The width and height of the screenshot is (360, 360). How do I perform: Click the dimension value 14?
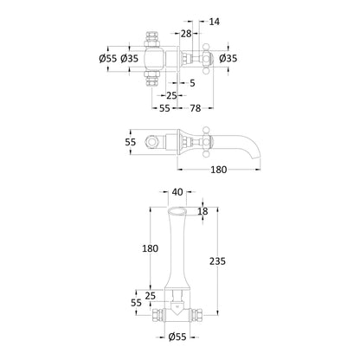pyautogui.click(x=214, y=22)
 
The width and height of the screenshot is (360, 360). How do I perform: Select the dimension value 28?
pyautogui.click(x=186, y=34)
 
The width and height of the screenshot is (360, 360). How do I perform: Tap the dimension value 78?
pyautogui.click(x=196, y=108)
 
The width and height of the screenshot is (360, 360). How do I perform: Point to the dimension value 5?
pyautogui.click(x=192, y=83)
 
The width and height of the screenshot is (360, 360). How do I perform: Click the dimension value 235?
pyautogui.click(x=217, y=261)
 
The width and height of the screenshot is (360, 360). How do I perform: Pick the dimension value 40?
pyautogui.click(x=177, y=192)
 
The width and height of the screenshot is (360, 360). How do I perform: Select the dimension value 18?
pyautogui.click(x=202, y=211)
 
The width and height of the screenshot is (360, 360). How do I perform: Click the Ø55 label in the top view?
pyautogui.click(x=108, y=59)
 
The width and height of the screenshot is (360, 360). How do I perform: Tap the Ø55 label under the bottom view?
pyautogui.click(x=177, y=337)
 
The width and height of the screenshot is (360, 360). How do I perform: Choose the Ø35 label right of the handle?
pyautogui.click(x=228, y=59)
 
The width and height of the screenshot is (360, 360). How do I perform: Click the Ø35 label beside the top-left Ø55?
pyautogui.click(x=130, y=59)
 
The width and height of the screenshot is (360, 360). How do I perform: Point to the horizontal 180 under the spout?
pyautogui.click(x=219, y=170)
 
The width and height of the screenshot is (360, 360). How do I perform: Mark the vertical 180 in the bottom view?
pyautogui.click(x=150, y=248)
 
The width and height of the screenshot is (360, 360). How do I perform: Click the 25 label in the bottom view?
pyautogui.click(x=151, y=296)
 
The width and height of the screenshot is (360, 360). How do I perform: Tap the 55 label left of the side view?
pyautogui.click(x=131, y=142)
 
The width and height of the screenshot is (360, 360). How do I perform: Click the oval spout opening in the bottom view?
pyautogui.click(x=177, y=211)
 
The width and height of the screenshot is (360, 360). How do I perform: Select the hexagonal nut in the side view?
pyautogui.click(x=149, y=142)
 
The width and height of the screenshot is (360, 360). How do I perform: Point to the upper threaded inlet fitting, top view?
pyautogui.click(x=151, y=40)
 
